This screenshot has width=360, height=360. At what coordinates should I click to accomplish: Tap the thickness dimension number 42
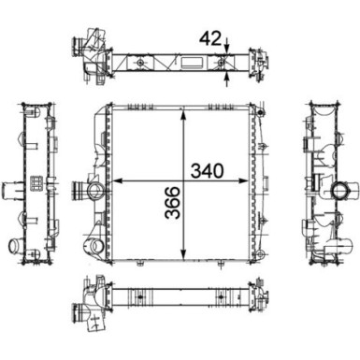211,38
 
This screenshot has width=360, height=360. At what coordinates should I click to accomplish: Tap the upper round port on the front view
94,193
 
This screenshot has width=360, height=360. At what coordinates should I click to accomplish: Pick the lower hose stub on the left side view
17,246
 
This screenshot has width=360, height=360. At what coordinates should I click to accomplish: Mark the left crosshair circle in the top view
140,64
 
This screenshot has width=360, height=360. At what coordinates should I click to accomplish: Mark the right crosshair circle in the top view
224,64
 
